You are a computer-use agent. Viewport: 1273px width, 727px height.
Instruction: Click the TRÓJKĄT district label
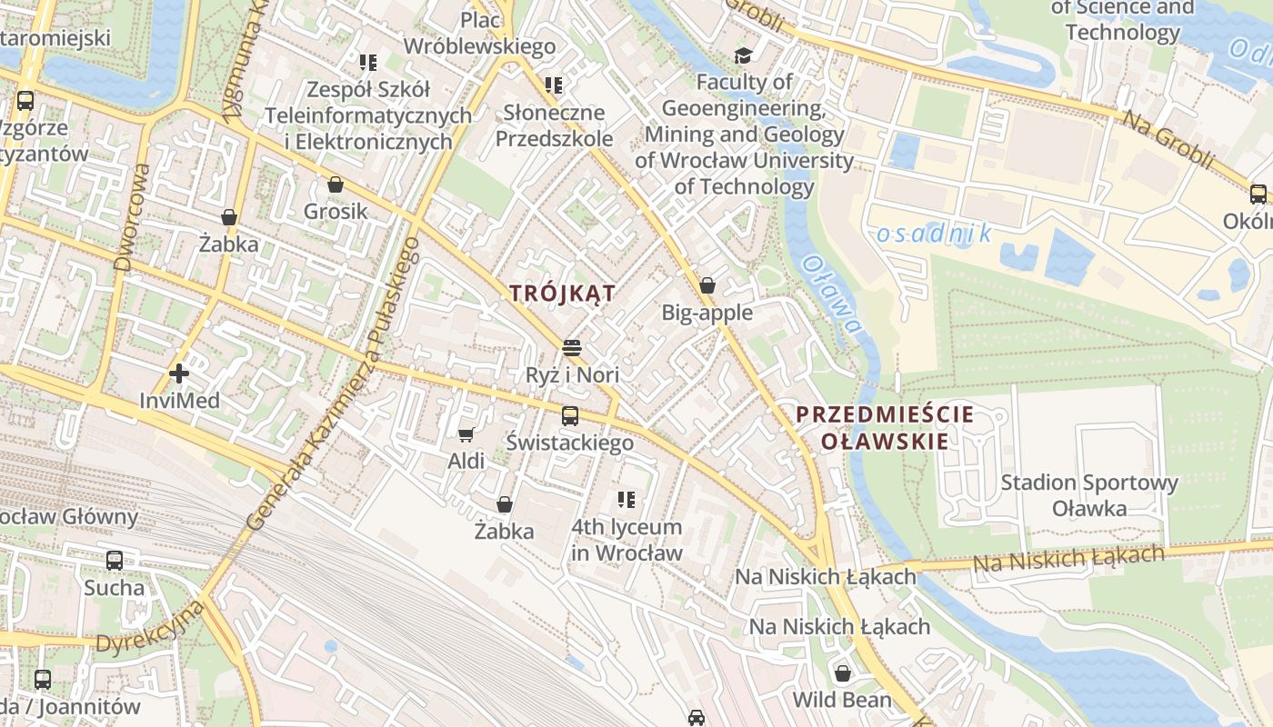click(562, 294)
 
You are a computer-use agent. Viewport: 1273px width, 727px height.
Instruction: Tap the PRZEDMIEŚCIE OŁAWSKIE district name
click(885, 428)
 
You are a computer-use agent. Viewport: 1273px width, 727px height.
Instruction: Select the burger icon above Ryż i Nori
click(572, 348)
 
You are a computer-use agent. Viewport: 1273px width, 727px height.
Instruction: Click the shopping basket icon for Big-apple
click(707, 285)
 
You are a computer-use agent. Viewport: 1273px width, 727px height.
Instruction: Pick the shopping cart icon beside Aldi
click(466, 435)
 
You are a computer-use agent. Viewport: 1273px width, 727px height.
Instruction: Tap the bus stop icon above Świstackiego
click(570, 416)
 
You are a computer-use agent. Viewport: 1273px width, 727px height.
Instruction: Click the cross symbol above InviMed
click(179, 373)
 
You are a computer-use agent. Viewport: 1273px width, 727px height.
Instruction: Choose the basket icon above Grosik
click(336, 184)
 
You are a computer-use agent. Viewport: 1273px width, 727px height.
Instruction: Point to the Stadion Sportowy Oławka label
click(1088, 495)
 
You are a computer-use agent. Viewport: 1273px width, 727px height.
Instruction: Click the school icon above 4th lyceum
click(626, 499)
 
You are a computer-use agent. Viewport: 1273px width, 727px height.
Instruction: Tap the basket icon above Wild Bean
click(843, 673)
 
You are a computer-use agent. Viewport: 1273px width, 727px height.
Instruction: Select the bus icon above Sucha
click(115, 561)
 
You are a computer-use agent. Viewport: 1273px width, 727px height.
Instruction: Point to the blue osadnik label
click(934, 234)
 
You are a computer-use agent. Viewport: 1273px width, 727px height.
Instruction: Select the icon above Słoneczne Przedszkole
click(554, 86)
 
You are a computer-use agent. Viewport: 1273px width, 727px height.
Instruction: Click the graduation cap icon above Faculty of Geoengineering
click(744, 56)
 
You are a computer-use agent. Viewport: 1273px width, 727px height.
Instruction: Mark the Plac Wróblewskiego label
click(479, 33)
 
